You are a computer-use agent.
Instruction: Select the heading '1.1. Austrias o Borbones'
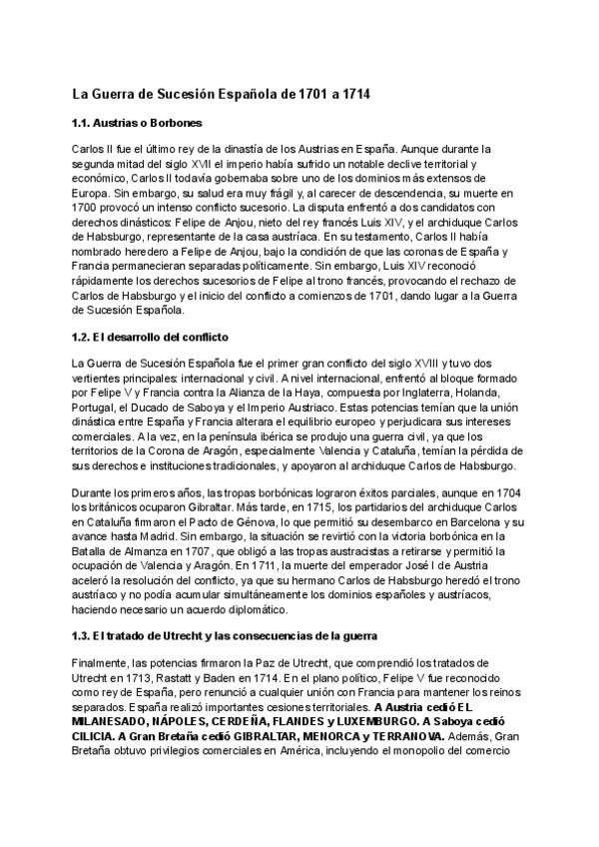(138, 124)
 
